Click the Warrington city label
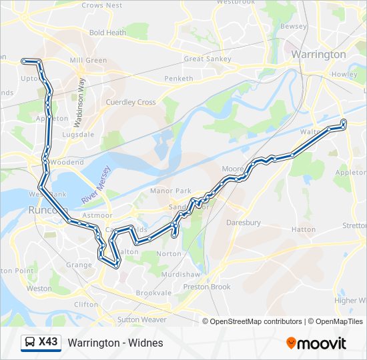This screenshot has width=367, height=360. pyautogui.click(x=318, y=54)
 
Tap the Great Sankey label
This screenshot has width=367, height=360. pyautogui.click(x=207, y=59)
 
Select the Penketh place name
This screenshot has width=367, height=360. pyautogui.click(x=178, y=79)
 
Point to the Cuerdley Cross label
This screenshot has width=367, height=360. pyautogui.click(x=131, y=102)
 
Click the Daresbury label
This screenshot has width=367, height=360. pyautogui.click(x=243, y=223)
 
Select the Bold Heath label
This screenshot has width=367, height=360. pyautogui.click(x=107, y=32)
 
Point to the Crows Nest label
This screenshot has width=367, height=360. pyautogui.click(x=101, y=5)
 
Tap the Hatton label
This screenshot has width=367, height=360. pyautogui.click(x=304, y=229)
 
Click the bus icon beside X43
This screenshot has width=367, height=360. pyautogui.click(x=29, y=343)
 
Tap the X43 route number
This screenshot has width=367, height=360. pyautogui.click(x=49, y=343)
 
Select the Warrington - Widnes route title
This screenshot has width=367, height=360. pyautogui.click(x=115, y=343)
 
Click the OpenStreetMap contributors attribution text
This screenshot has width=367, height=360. pyautogui.click(x=256, y=321)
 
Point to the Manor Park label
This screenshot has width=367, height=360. pyautogui.click(x=170, y=191)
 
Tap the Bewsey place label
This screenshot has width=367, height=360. pyautogui.click(x=294, y=27)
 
